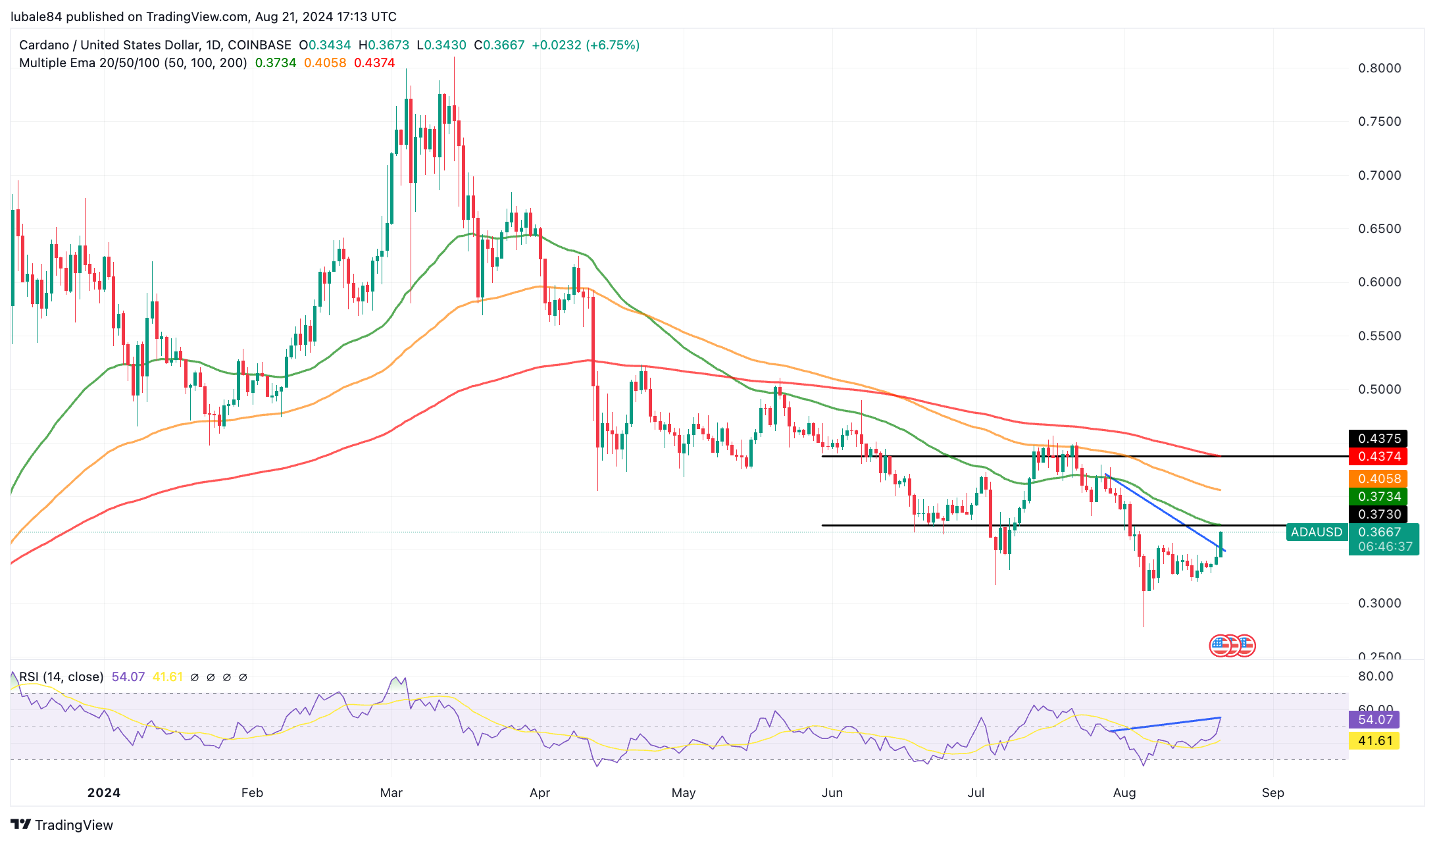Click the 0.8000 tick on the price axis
(1379, 68)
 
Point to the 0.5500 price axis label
(1379, 336)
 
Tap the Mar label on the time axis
(391, 792)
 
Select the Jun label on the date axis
(832, 792)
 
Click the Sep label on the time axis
(1272, 792)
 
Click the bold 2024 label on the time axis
(104, 792)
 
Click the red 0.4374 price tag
(1379, 456)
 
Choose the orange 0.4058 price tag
(1379, 478)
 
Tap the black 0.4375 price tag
(1379, 438)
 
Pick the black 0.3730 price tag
(1379, 514)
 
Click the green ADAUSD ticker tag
(1316, 532)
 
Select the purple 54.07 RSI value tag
(1374, 719)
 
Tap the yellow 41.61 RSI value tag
(1374, 740)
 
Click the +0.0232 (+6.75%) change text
(586, 45)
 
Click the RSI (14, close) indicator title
(61, 677)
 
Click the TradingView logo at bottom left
(62, 825)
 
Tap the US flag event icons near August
(1232, 646)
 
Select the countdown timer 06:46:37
(1385, 546)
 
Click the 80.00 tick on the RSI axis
(1375, 676)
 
